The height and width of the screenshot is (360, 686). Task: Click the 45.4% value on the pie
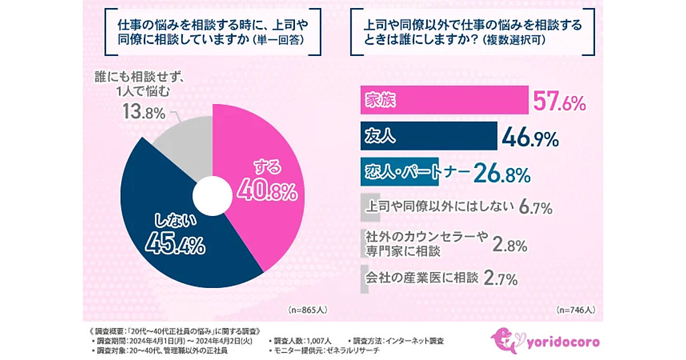(175, 245)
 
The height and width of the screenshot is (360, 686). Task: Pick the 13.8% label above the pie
(143, 112)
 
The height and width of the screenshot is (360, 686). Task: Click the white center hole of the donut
(210, 194)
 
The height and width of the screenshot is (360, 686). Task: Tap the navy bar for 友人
(429, 137)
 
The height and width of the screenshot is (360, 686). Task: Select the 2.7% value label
(500, 279)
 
